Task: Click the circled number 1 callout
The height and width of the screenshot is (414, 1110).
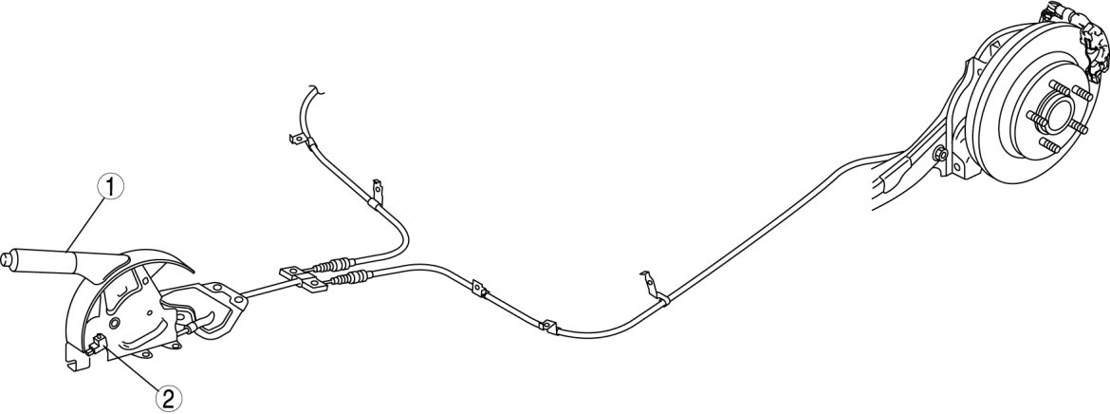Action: tap(112, 188)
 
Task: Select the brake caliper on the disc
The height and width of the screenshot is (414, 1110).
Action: tap(1078, 52)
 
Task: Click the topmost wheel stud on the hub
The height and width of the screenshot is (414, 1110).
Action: tap(1054, 92)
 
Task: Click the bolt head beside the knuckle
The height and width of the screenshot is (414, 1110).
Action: tap(940, 156)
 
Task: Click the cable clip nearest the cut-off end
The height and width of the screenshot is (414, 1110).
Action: tap(298, 141)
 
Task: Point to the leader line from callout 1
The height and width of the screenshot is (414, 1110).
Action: tap(84, 227)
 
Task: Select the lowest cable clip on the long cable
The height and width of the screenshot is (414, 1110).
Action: tap(547, 327)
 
